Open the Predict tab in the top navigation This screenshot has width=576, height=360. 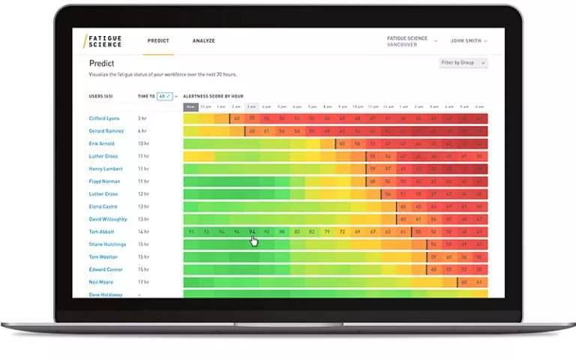pyautogui.click(x=157, y=40)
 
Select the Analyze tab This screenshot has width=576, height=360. pyautogui.click(x=203, y=40)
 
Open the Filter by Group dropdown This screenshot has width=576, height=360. pyautogui.click(x=463, y=63)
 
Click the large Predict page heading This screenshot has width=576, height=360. pyautogui.click(x=102, y=64)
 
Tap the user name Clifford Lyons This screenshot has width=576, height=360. pyautogui.click(x=103, y=118)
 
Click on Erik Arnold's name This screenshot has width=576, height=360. pyautogui.click(x=101, y=144)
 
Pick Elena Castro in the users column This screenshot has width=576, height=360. pyautogui.click(x=102, y=206)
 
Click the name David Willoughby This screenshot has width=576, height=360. pyautogui.click(x=108, y=219)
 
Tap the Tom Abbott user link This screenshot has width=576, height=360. pyautogui.click(x=101, y=232)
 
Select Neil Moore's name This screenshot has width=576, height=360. pyautogui.click(x=100, y=282)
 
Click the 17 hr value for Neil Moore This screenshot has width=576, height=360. pyautogui.click(x=142, y=282)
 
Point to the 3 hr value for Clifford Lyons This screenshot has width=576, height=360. pyautogui.click(x=141, y=118)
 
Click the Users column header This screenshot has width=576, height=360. pyautogui.click(x=100, y=97)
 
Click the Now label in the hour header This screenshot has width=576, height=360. pyautogui.click(x=190, y=106)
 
